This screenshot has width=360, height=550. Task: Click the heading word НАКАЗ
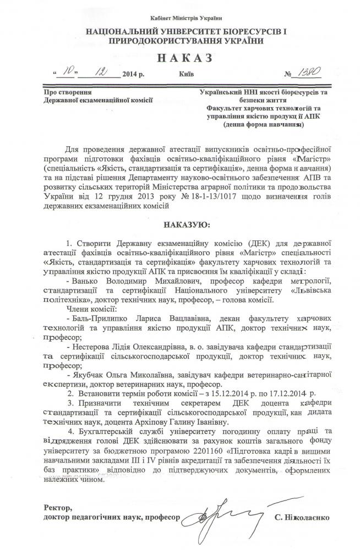[180, 58]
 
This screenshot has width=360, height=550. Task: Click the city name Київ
[187, 75]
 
